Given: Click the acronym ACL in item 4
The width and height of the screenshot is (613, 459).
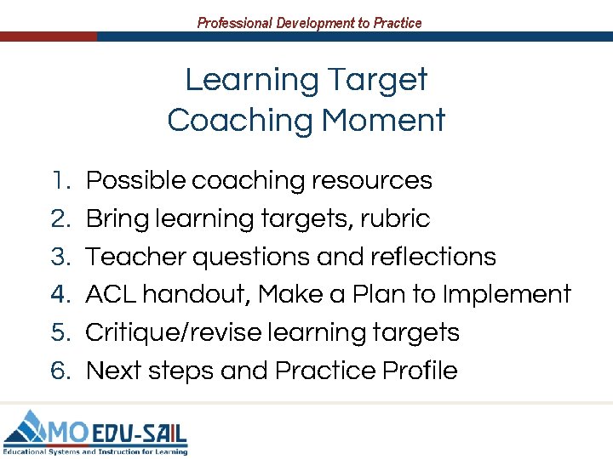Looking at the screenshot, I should [111, 294].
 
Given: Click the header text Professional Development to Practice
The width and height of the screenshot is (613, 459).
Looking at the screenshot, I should [309, 23].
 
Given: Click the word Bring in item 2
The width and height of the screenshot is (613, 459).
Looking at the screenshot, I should [117, 218].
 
